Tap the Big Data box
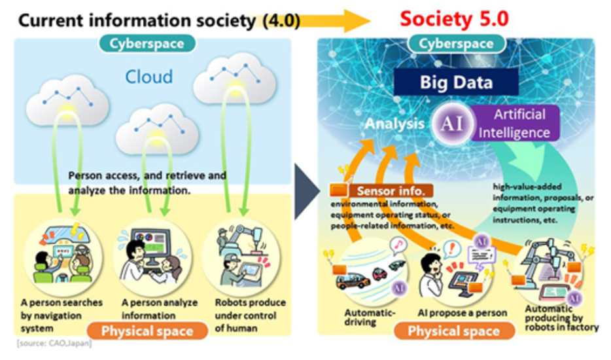[x=456, y=82]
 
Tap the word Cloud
[x=149, y=77]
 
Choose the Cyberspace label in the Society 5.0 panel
[x=456, y=44]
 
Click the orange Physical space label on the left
[x=147, y=331]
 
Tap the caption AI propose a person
[x=463, y=312]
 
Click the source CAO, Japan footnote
[x=52, y=344]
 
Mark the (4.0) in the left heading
[x=281, y=20]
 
